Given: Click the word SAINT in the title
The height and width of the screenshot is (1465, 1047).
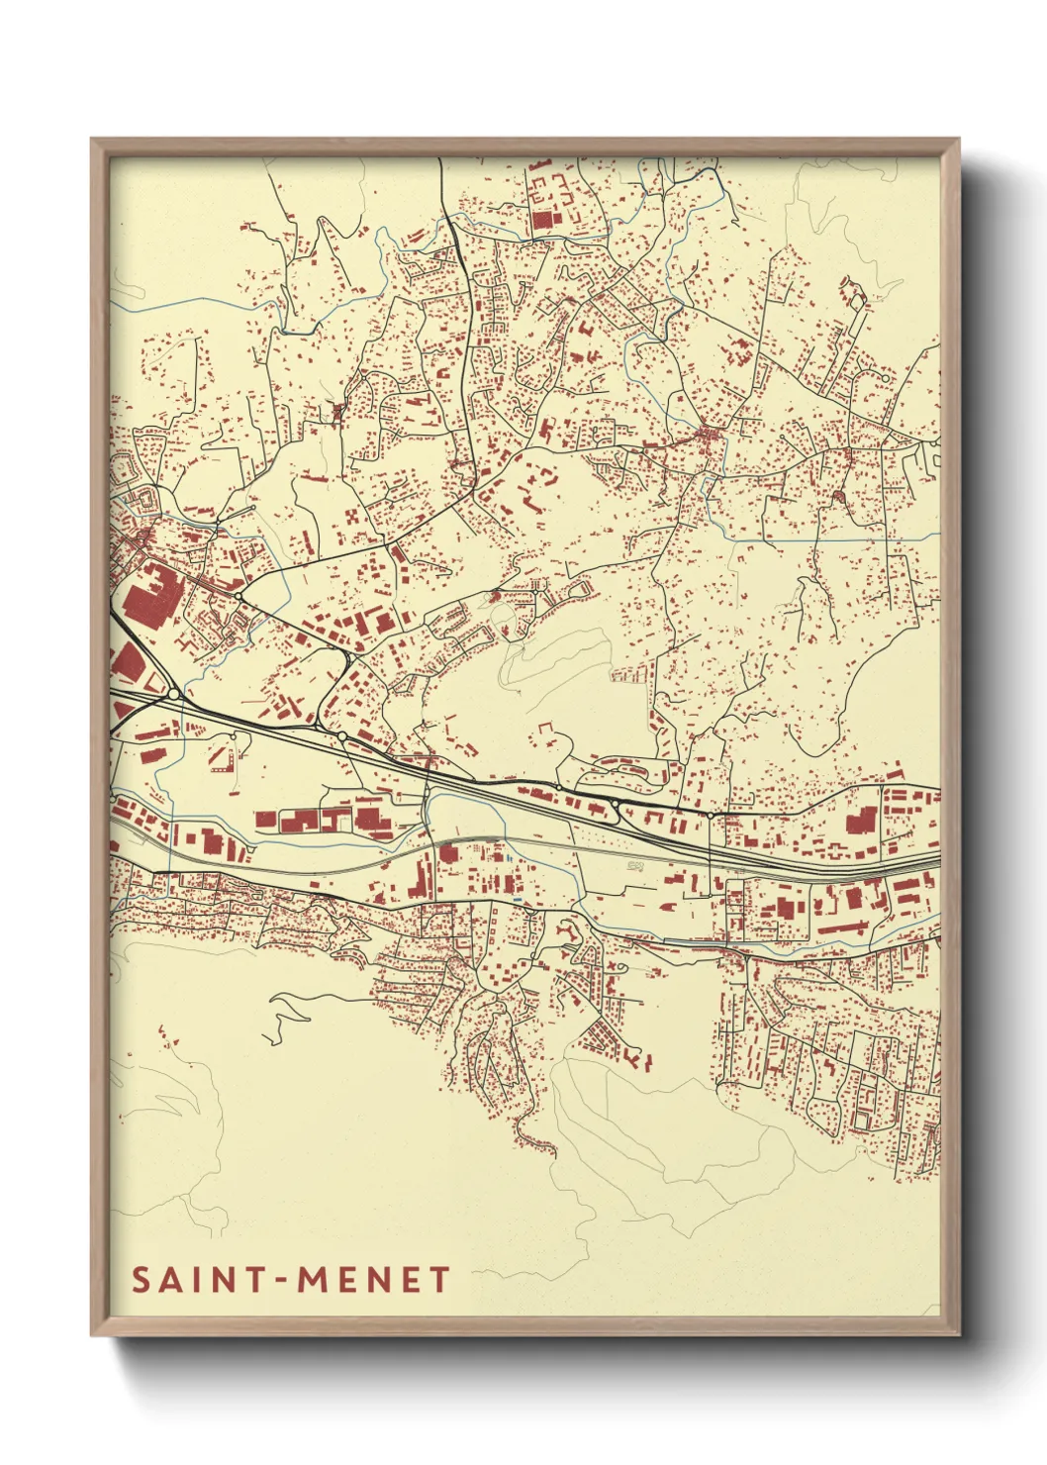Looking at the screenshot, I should pos(196,1280).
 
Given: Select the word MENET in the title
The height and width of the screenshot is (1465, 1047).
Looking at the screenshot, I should pos(375,1280).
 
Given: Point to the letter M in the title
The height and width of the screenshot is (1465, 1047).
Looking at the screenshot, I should pos(314,1280).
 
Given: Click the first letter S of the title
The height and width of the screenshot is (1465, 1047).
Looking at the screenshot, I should pos(142,1280).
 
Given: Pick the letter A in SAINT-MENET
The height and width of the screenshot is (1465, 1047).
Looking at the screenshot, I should pos(171,1280).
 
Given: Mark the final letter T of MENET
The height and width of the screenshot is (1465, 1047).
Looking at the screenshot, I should pos(439,1280).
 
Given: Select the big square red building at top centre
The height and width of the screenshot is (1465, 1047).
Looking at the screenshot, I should pos(544,222).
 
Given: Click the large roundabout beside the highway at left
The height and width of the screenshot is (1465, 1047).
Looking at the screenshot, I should pos(175,694).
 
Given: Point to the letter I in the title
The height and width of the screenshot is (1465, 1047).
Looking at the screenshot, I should pos(198,1280).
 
